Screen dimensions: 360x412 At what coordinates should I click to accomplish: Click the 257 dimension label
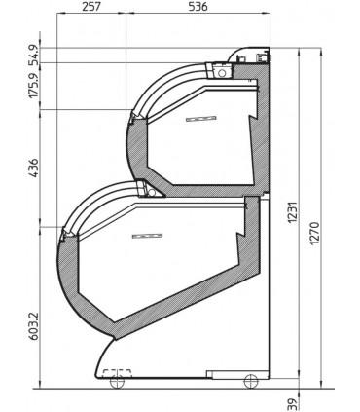coord(90,7)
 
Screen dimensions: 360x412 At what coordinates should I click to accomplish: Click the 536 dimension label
coord(198,7)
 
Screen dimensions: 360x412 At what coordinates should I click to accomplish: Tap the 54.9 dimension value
coord(35,56)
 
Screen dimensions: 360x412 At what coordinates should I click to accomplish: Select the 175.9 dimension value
coord(35,86)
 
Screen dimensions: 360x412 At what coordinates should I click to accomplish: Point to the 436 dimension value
coord(34,168)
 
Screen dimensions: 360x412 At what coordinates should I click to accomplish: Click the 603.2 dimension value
coord(34,326)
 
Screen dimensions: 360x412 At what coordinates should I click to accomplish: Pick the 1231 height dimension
coord(293,212)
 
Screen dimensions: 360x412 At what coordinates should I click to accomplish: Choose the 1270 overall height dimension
coord(315,234)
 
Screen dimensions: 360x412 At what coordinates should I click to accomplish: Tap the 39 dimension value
coord(293,405)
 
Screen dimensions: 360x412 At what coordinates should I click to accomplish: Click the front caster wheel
coord(117,382)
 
